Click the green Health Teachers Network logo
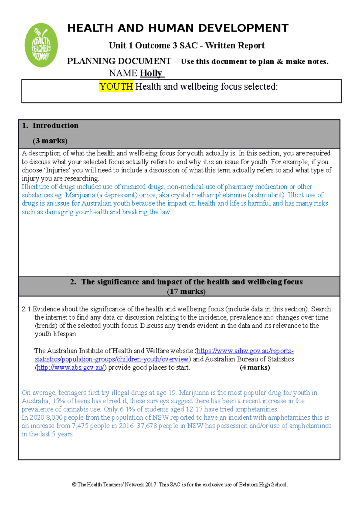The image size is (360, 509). click(x=41, y=45)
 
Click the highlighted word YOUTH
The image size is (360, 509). click(x=116, y=87)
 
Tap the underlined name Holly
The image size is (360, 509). click(x=151, y=73)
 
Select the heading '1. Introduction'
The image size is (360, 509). click(x=50, y=126)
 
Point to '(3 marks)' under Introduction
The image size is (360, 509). click(x=50, y=141)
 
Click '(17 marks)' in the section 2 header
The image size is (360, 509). click(x=186, y=291)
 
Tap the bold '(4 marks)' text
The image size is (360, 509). click(x=255, y=368)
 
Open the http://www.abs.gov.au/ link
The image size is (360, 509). click(x=70, y=368)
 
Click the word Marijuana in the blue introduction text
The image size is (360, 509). click(x=80, y=195)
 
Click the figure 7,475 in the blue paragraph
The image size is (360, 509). click(x=80, y=426)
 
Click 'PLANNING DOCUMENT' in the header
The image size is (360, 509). click(x=119, y=61)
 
